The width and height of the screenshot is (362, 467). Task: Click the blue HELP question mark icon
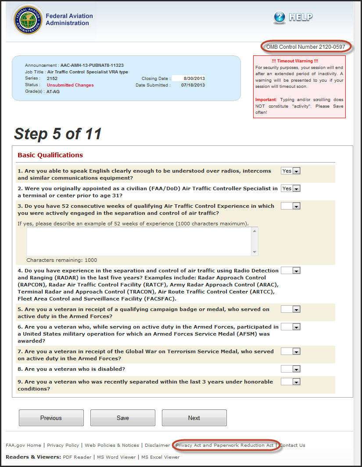click(280, 17)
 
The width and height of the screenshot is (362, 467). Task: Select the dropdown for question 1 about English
click(290, 171)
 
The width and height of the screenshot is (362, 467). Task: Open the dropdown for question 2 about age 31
click(290, 188)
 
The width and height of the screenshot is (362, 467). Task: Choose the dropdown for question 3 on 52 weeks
click(290, 206)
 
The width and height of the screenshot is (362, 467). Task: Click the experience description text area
click(139, 241)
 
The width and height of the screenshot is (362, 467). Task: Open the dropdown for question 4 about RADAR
click(290, 271)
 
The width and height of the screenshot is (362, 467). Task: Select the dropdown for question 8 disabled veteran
click(290, 369)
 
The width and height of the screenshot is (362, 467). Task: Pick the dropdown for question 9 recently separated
click(290, 382)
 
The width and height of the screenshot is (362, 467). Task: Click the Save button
click(123, 418)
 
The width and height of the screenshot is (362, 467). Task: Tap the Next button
click(194, 418)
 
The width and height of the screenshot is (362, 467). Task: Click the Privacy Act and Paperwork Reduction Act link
click(225, 445)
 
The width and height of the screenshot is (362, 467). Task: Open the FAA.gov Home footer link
click(23, 445)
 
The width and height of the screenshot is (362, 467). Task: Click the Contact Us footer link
click(293, 445)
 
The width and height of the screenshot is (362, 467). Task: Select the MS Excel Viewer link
click(160, 457)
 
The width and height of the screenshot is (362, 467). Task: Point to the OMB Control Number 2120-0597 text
click(306, 47)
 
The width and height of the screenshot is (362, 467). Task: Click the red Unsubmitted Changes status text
click(70, 85)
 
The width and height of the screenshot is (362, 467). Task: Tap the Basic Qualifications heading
click(50, 155)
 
